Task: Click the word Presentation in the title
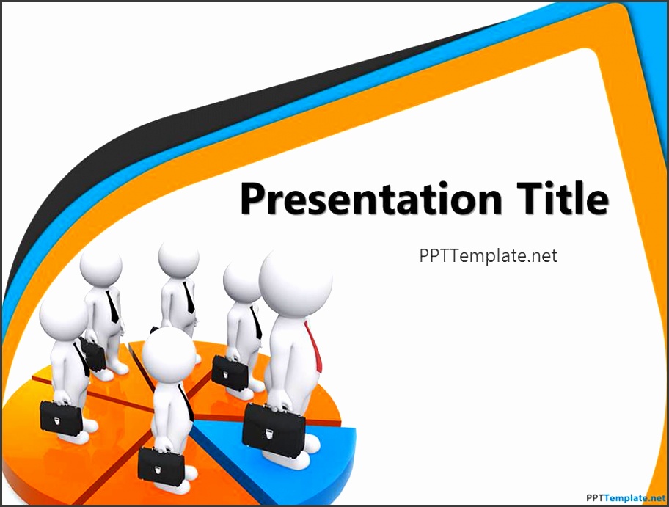click(x=371, y=198)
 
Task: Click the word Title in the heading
click(x=563, y=197)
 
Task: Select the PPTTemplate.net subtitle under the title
click(x=488, y=255)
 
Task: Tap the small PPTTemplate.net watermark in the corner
click(x=625, y=497)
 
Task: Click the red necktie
click(x=313, y=346)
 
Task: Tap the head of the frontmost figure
click(x=169, y=356)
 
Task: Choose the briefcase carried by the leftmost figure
click(x=61, y=417)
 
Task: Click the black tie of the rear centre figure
click(x=188, y=297)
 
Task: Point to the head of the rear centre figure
click(x=178, y=258)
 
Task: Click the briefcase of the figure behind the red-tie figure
click(x=230, y=372)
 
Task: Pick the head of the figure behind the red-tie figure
click(x=241, y=282)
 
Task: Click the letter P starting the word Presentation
click(x=252, y=199)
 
